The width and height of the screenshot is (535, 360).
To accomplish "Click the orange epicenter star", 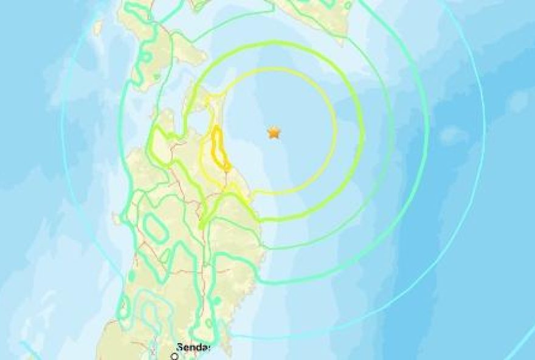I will (275, 132).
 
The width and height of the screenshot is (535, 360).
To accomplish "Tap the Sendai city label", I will (193, 347).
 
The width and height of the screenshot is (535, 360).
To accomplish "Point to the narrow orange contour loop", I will (218, 148).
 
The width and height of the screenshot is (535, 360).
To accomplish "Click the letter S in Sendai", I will (179, 347).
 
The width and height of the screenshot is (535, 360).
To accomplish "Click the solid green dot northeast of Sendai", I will (216, 300).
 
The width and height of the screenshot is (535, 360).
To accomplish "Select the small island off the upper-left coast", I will (97, 28).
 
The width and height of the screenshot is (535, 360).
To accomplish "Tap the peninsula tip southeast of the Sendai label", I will (227, 349).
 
